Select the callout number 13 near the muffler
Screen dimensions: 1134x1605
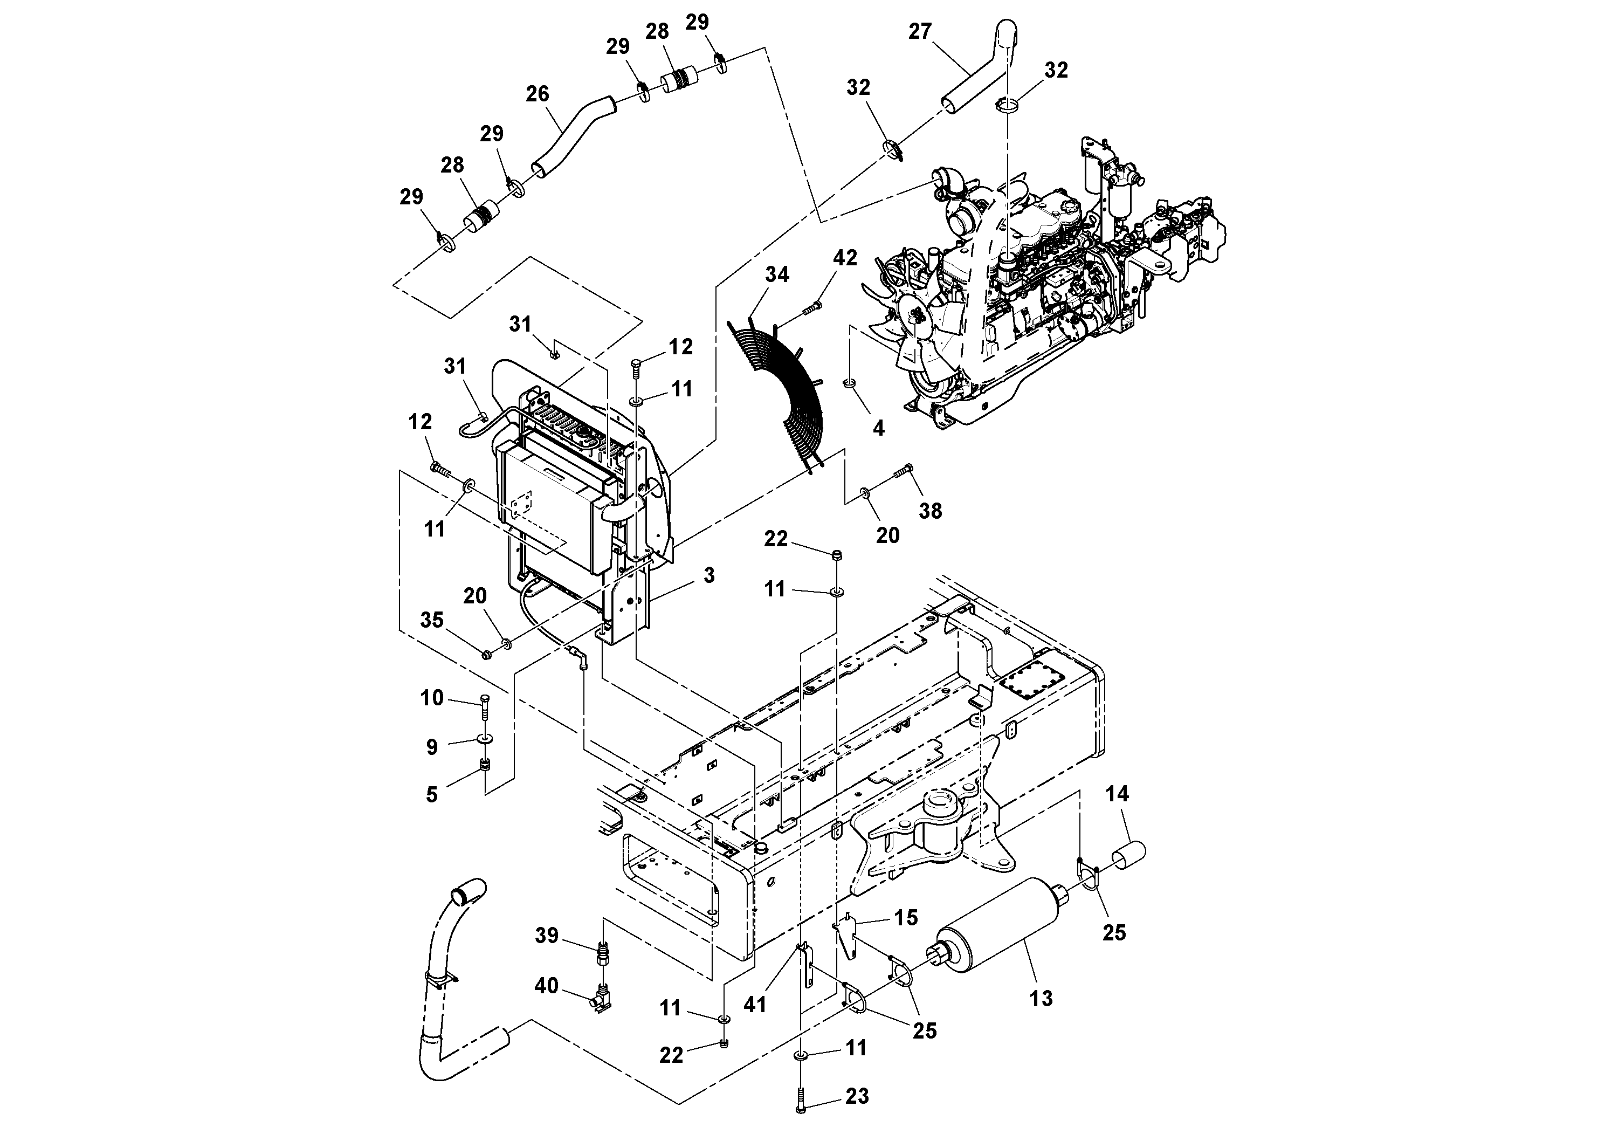[x=1041, y=998]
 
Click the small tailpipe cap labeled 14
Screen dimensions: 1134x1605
[x=1127, y=856]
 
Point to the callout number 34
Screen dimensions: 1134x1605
[x=777, y=275]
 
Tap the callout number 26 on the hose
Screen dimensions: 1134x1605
[x=537, y=94]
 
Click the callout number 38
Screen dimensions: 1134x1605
[x=929, y=511]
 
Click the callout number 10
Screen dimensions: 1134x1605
[x=431, y=698]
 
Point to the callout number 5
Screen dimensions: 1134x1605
[x=431, y=794]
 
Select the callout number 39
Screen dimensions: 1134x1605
[x=547, y=936]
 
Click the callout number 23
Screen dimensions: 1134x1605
[x=857, y=1096]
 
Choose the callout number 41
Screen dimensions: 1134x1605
[x=755, y=1005]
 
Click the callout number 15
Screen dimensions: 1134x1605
[x=906, y=918]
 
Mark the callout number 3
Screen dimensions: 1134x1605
[x=709, y=575]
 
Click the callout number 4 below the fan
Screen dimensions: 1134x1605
[x=879, y=428]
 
